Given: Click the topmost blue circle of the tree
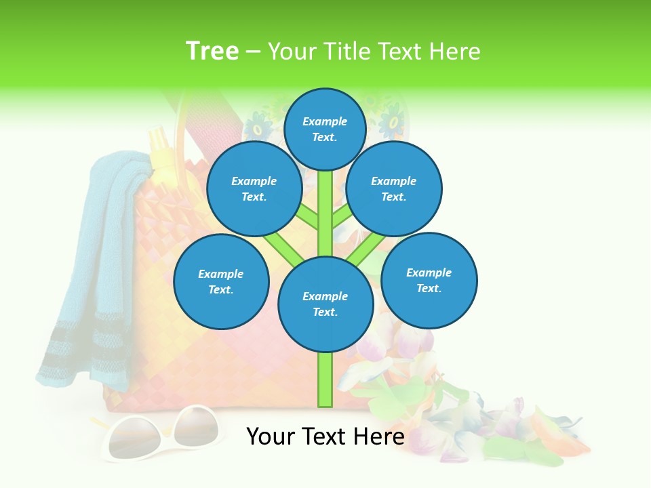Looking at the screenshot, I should tap(325, 129).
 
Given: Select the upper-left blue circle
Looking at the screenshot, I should tap(254, 188).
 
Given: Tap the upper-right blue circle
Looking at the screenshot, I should tap(393, 188).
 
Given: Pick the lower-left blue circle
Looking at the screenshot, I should tap(221, 281).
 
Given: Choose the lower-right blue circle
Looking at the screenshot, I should tap(429, 280).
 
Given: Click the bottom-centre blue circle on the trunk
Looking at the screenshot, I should tap(325, 304).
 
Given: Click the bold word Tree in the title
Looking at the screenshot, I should tap(212, 51).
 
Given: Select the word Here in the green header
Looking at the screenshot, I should tap(455, 51).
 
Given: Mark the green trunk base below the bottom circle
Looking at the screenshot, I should tap(325, 380).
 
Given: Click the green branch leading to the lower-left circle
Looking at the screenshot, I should tap(281, 245).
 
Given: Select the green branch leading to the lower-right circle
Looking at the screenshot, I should tap(366, 247).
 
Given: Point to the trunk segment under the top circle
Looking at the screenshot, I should tap(325, 203).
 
